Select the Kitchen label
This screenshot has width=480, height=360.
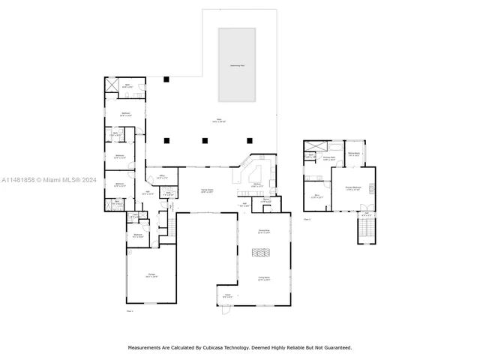click(x=256, y=184)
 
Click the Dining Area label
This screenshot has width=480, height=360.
click(x=264, y=230)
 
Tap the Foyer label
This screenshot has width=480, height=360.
click(x=226, y=295)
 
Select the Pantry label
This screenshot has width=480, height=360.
click(x=266, y=200)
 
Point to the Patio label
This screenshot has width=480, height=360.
click(x=220, y=120)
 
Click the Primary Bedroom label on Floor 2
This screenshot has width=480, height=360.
click(x=353, y=188)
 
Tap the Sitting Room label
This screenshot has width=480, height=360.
click(x=354, y=154)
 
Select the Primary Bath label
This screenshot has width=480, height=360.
click(x=328, y=159)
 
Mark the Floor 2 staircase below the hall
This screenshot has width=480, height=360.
click(x=366, y=231)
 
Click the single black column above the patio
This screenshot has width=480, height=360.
click(x=168, y=79)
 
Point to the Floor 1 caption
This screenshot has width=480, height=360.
click(x=129, y=310)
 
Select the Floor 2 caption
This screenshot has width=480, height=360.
click(x=307, y=220)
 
